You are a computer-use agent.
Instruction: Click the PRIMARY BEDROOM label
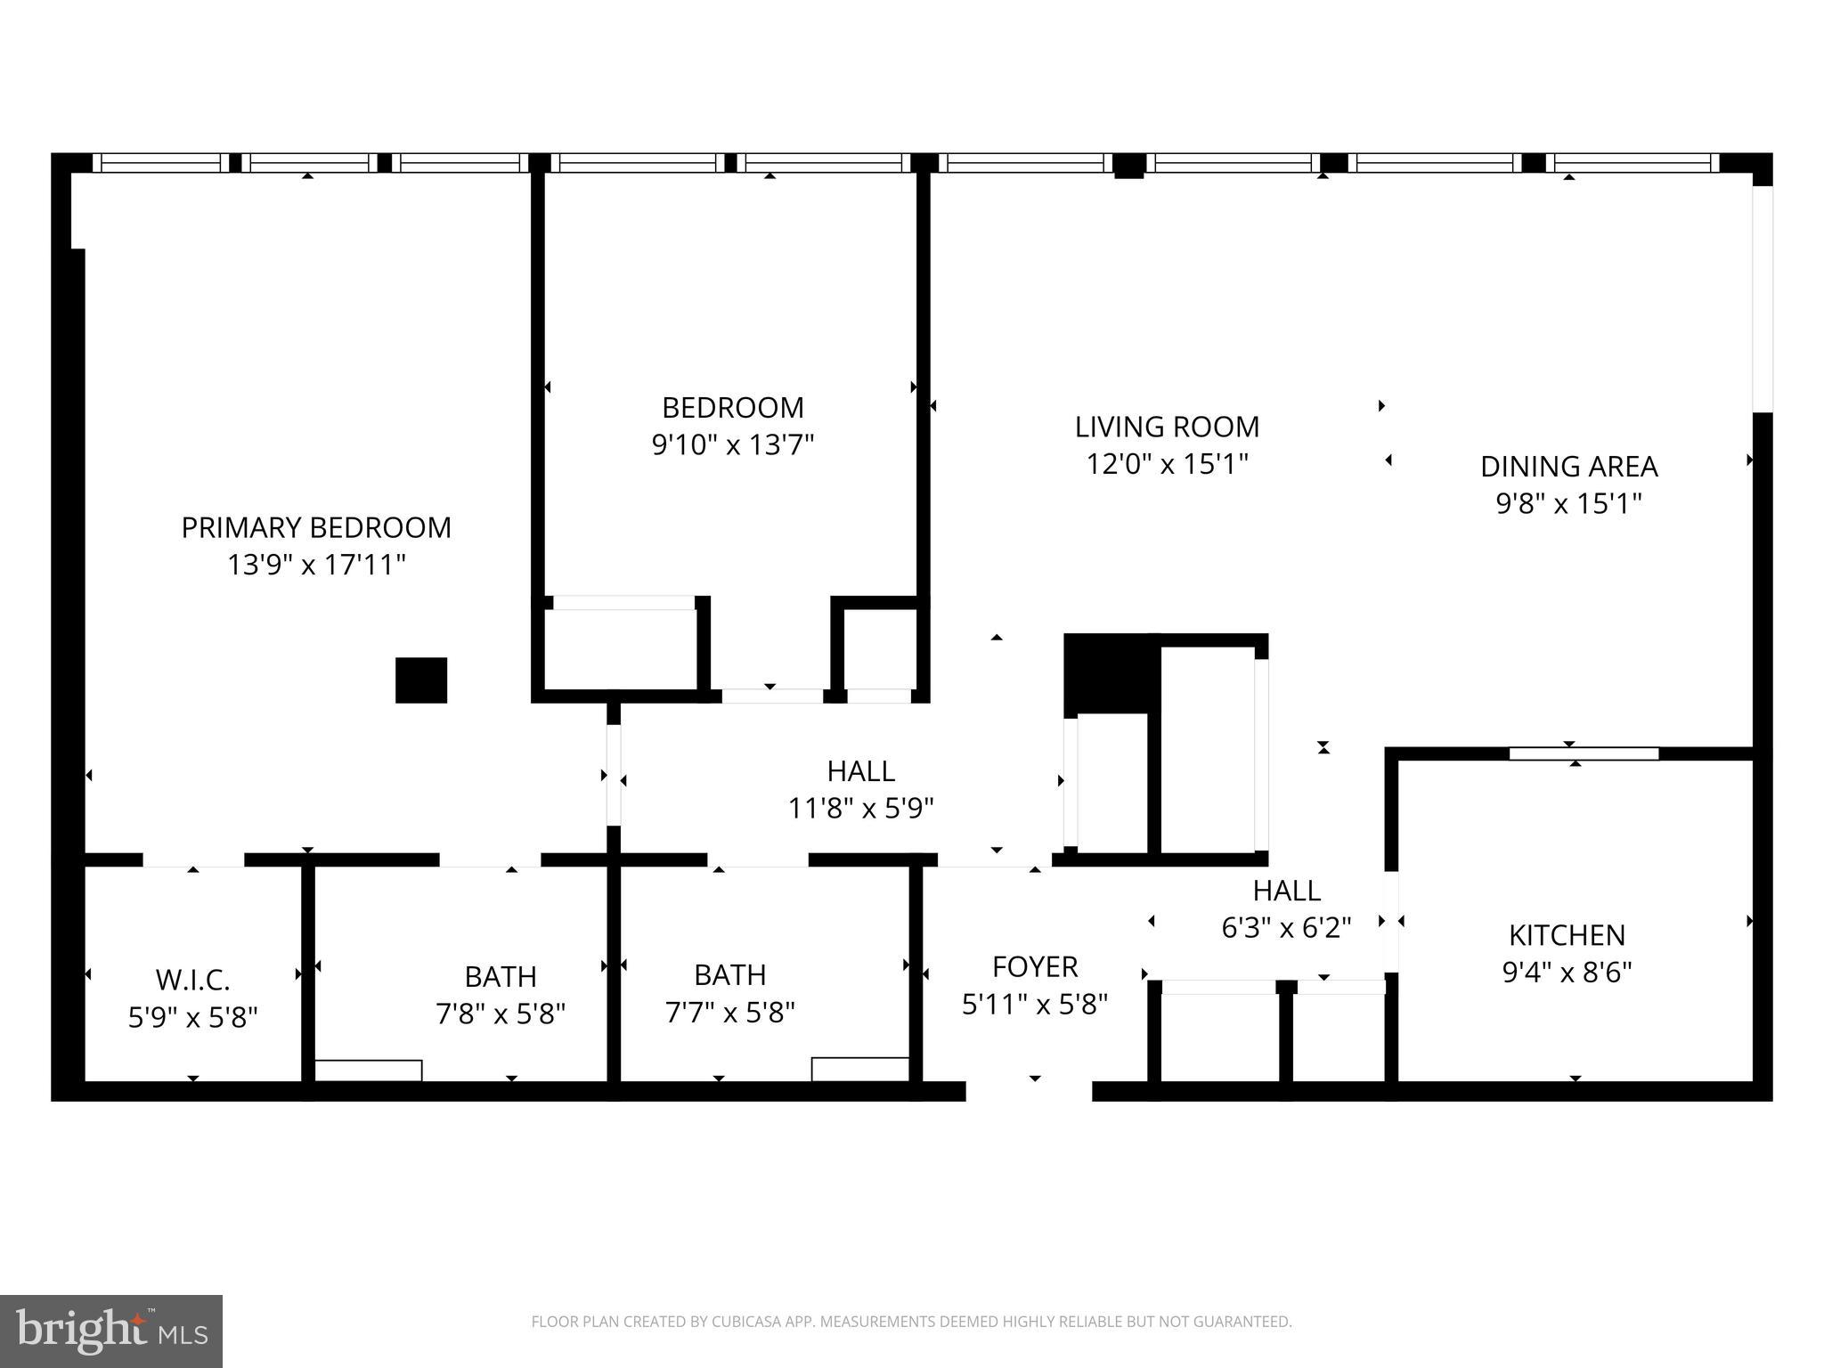click(x=316, y=527)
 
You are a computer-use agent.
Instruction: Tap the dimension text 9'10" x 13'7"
click(x=733, y=444)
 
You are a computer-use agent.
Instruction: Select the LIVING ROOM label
click(x=1167, y=427)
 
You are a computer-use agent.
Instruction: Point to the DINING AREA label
click(x=1568, y=466)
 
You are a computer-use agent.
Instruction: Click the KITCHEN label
click(x=1567, y=934)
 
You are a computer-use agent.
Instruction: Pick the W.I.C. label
click(x=192, y=980)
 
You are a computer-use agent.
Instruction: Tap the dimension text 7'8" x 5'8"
click(x=501, y=1014)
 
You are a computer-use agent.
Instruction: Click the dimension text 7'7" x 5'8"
click(x=729, y=1012)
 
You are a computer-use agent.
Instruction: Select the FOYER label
click(x=1035, y=966)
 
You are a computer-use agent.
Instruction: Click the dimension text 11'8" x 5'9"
click(x=860, y=808)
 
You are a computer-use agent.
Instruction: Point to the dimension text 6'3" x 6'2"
click(x=1286, y=928)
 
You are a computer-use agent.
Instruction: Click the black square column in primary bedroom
click(x=421, y=680)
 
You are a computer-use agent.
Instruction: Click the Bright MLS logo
click(x=110, y=1331)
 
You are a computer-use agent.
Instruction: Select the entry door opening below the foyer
click(x=1029, y=1090)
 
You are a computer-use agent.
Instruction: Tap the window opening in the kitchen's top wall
click(x=1584, y=753)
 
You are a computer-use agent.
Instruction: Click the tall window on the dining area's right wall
click(x=1762, y=298)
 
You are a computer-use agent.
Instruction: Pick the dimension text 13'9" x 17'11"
click(x=316, y=565)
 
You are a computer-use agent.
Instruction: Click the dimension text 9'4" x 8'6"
click(x=1567, y=972)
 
